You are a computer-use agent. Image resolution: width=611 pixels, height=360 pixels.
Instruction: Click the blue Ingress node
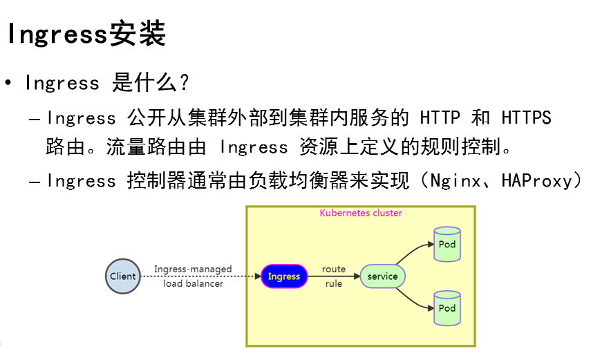pos(284,276)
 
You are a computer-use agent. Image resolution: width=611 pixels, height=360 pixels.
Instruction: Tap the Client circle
pos(123,276)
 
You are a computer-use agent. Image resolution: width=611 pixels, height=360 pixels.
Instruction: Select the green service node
pos(382,276)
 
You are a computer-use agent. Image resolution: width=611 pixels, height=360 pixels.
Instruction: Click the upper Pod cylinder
pos(447,244)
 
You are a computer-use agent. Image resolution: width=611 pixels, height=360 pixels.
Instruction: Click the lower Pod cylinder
pos(447,308)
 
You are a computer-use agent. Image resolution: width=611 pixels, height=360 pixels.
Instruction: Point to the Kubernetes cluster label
pos(360,213)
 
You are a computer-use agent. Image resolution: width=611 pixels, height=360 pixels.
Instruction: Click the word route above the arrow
pos(334,269)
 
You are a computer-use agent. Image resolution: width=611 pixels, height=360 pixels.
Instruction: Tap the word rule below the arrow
pos(334,284)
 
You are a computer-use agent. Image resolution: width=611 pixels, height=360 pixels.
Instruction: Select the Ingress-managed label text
pos(193,269)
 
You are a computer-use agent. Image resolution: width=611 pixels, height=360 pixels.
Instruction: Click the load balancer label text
pos(193,284)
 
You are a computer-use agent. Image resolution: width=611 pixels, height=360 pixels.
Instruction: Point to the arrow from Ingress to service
pos(333,276)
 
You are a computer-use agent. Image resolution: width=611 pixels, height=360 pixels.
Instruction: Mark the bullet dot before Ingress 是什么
pos(8,84)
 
